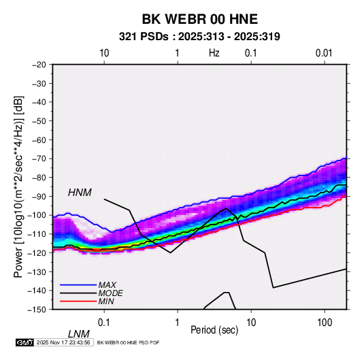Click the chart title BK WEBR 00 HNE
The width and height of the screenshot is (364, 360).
click(199, 19)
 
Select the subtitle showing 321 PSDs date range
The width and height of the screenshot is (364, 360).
click(199, 37)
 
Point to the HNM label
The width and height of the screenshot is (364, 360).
click(80, 193)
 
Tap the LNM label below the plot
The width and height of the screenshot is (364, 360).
click(78, 334)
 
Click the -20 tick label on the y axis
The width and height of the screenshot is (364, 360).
click(39, 65)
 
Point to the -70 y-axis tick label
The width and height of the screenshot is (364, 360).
click(39, 159)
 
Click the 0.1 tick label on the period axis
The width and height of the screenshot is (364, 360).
click(104, 323)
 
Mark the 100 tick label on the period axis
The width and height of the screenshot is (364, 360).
click(325, 323)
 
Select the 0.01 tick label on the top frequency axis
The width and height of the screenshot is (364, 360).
click(324, 53)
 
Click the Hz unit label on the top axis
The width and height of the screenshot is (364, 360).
click(214, 53)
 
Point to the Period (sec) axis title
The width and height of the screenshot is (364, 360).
click(214, 330)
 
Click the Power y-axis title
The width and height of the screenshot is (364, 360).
click(18, 186)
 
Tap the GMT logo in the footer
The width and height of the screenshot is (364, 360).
click(24, 342)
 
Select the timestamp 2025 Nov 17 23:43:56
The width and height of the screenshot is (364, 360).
click(63, 342)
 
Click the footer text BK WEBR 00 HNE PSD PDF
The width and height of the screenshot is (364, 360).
click(128, 342)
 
